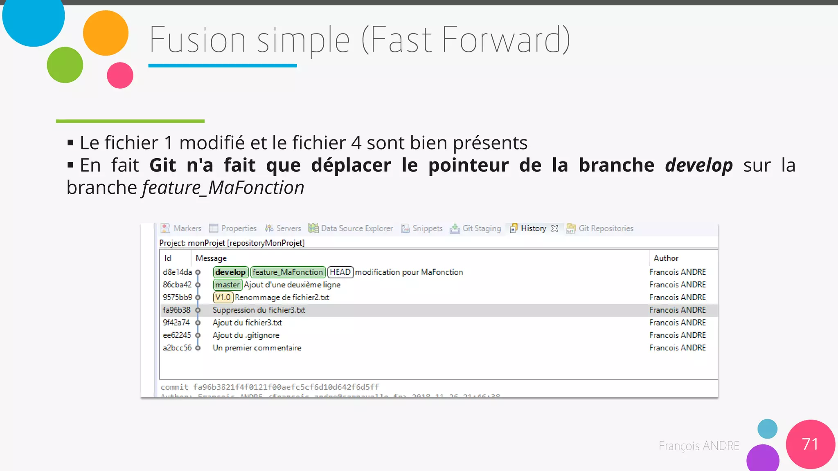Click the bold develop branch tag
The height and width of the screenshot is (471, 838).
click(x=230, y=272)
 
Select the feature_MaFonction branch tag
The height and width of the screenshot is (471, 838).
click(x=288, y=272)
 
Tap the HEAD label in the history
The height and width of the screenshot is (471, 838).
click(x=340, y=272)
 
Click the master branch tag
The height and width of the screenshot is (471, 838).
click(x=228, y=285)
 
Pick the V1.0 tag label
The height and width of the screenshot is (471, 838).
click(x=223, y=298)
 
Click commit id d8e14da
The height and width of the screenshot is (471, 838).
click(x=177, y=272)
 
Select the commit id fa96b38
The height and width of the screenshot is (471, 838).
click(x=177, y=310)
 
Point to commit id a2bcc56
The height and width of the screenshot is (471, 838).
click(x=177, y=348)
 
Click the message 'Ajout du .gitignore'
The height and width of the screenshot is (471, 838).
click(x=246, y=335)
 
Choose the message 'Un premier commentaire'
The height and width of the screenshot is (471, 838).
click(x=257, y=348)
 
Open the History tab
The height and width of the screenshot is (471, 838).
click(x=533, y=229)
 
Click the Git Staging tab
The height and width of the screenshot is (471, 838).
click(x=481, y=229)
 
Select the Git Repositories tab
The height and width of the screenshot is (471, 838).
click(x=606, y=229)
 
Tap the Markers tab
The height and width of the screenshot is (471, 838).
click(x=187, y=229)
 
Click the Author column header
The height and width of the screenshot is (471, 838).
click(x=666, y=258)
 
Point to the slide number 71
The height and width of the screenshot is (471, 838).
click(x=810, y=444)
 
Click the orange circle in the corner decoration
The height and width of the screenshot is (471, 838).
click(x=106, y=33)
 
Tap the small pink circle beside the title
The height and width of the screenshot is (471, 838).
click(x=120, y=75)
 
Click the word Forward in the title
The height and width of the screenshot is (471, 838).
click(x=506, y=40)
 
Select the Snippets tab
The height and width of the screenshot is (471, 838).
click(x=427, y=229)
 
